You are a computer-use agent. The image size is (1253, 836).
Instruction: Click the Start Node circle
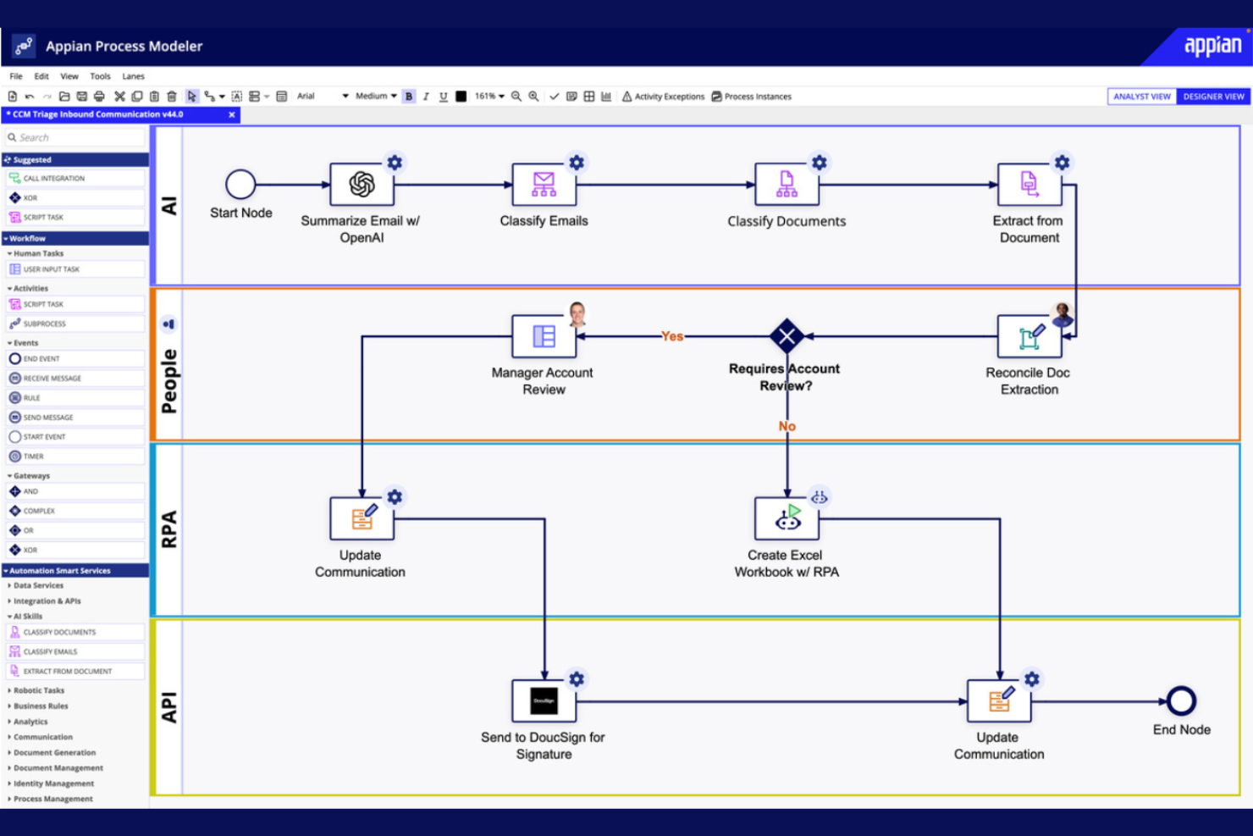pyautogui.click(x=240, y=184)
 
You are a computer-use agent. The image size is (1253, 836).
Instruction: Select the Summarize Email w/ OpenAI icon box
pyautogui.click(x=362, y=184)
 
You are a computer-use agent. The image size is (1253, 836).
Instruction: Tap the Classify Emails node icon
pyautogui.click(x=544, y=184)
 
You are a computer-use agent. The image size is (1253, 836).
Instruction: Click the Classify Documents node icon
pyautogui.click(x=787, y=184)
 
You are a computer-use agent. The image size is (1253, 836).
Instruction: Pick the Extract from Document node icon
pyautogui.click(x=1029, y=184)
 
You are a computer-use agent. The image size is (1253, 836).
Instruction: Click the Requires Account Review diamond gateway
pyautogui.click(x=787, y=336)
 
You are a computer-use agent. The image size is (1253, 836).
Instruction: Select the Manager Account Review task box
pyautogui.click(x=544, y=336)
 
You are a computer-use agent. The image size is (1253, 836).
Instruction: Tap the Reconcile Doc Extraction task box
pyautogui.click(x=1029, y=337)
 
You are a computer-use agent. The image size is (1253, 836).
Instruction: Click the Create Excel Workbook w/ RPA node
pyautogui.click(x=787, y=518)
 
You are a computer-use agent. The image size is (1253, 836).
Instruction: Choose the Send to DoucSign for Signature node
pyautogui.click(x=544, y=700)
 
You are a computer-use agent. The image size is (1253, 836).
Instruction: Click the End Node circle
pyautogui.click(x=1181, y=700)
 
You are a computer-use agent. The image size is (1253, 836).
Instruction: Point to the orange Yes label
pyautogui.click(x=672, y=336)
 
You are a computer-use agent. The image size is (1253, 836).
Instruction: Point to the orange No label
pyautogui.click(x=787, y=426)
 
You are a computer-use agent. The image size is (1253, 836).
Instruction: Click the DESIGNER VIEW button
pyautogui.click(x=1213, y=97)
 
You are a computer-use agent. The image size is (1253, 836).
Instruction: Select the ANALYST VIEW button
pyautogui.click(x=1141, y=97)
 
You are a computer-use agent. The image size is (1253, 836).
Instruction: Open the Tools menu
pyautogui.click(x=100, y=76)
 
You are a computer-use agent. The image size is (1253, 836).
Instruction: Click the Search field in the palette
pyautogui.click(x=76, y=137)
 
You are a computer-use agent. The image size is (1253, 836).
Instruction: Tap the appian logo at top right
pyautogui.click(x=1212, y=46)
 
